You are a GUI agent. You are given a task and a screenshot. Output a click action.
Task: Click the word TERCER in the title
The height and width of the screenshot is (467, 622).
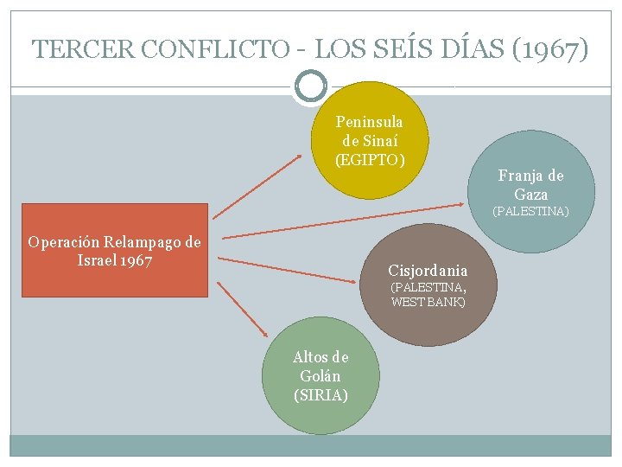pyautogui.click(x=83, y=48)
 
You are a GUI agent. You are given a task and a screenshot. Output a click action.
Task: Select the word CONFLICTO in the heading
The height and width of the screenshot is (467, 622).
pyautogui.click(x=215, y=48)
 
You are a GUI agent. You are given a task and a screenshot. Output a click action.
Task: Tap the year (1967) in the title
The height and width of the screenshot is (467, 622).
pyautogui.click(x=550, y=49)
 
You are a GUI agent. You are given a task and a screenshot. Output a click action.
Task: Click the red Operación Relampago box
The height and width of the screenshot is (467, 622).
pyautogui.click(x=115, y=250)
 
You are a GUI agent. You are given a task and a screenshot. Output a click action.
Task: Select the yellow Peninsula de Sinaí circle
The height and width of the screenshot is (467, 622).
pyautogui.click(x=370, y=140)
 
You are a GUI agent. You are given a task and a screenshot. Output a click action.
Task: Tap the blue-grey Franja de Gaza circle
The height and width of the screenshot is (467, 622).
pyautogui.click(x=531, y=192)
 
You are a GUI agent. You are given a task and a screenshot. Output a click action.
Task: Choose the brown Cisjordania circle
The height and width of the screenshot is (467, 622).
pyautogui.click(x=428, y=285)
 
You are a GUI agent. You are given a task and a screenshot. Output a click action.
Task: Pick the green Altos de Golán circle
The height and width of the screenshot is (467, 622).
pyautogui.click(x=321, y=375)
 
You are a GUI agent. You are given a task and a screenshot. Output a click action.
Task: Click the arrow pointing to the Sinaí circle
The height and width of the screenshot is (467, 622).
pyautogui.click(x=257, y=187)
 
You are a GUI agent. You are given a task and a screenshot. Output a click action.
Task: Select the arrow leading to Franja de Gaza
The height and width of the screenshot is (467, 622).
pyautogui.click(x=343, y=221)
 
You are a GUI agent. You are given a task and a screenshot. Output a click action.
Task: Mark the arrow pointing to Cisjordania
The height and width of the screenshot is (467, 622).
pyautogui.click(x=287, y=270)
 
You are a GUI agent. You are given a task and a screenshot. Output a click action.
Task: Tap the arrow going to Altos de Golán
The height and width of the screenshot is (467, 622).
pyautogui.click(x=243, y=310)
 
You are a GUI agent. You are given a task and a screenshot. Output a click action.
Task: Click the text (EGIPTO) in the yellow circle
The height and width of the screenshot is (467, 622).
pyautogui.click(x=370, y=160)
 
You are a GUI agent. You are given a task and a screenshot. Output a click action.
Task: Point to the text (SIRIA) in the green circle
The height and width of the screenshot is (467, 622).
pyautogui.click(x=321, y=395)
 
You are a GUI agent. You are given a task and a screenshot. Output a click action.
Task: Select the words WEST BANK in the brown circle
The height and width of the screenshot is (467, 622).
pyautogui.click(x=428, y=302)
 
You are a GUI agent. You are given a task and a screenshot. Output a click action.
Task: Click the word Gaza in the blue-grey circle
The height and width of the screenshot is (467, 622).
pyautogui.click(x=530, y=195)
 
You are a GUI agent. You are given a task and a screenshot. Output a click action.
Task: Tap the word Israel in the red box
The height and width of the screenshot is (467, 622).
pyautogui.click(x=97, y=260)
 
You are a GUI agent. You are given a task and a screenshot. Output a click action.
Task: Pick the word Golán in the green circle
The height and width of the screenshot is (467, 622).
pyautogui.click(x=321, y=375)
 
